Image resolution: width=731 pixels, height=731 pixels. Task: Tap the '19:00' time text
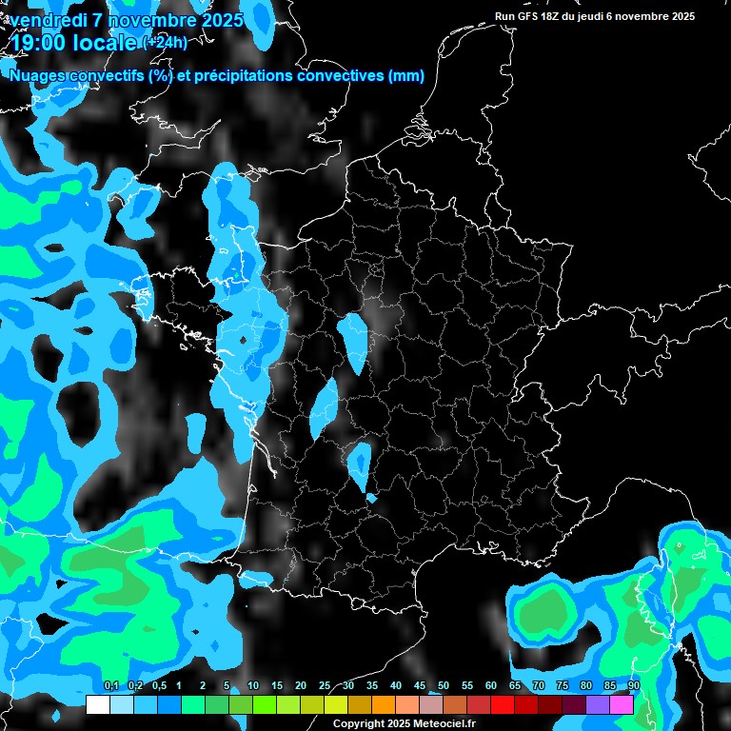[x=37, y=42]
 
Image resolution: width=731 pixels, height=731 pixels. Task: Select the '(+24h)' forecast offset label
[x=164, y=42]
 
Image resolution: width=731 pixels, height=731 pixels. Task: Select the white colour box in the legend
[x=97, y=704]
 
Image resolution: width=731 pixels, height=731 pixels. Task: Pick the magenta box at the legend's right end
[x=622, y=704]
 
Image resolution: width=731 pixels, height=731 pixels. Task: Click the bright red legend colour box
[x=503, y=704]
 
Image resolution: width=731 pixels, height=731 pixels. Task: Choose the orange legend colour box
[x=383, y=704]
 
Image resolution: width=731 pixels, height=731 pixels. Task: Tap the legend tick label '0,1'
[x=110, y=686]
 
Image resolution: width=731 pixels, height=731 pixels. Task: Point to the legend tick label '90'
[x=634, y=686]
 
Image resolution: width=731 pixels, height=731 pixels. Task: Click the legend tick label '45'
[x=420, y=686]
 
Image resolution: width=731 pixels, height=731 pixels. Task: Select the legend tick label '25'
[x=325, y=686]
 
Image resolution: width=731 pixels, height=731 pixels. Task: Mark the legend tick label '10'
[x=253, y=686]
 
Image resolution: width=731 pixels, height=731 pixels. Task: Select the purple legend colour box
[x=598, y=704]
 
